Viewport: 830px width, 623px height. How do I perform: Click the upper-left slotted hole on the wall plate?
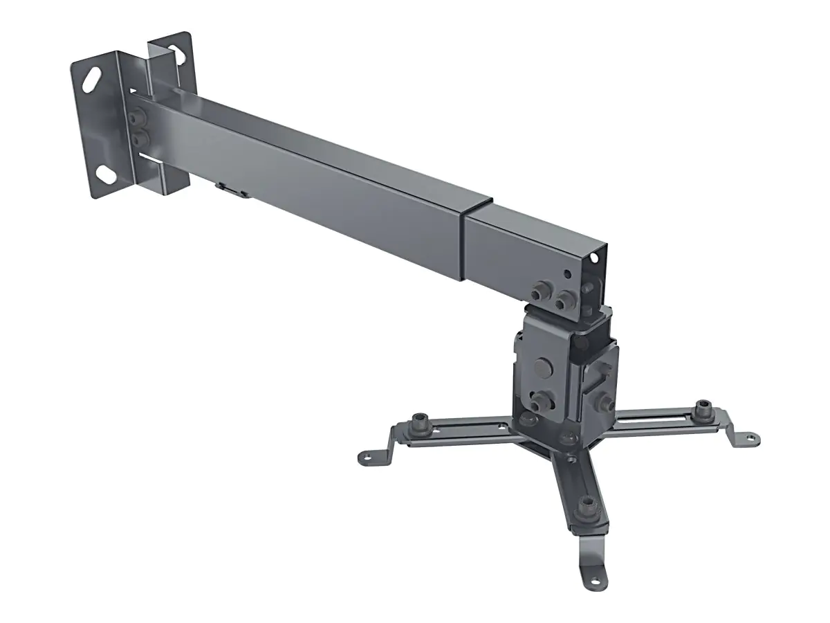click(x=91, y=78)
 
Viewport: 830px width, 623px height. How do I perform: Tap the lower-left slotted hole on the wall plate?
click(x=107, y=174)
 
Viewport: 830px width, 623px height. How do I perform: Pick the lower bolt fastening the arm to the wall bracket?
click(x=142, y=139)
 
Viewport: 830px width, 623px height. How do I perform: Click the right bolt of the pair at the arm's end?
click(x=565, y=299)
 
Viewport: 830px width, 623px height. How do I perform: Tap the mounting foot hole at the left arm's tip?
click(x=366, y=457)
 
